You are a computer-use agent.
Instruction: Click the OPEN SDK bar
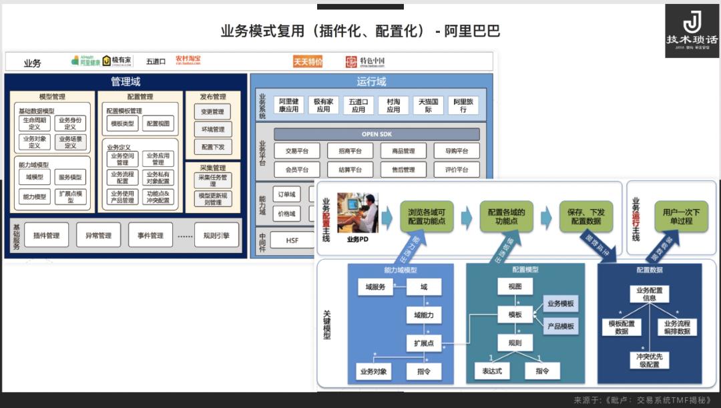pyautogui.click(x=377, y=134)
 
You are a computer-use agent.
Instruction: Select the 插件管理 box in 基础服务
pyautogui.click(x=46, y=235)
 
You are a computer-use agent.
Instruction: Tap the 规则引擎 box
pyautogui.click(x=216, y=235)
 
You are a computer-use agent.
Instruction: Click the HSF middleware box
pyautogui.click(x=292, y=240)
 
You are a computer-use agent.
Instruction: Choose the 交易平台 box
pyautogui.click(x=296, y=152)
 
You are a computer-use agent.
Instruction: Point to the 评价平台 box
pyautogui.click(x=457, y=170)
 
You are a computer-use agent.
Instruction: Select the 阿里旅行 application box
pyautogui.click(x=463, y=105)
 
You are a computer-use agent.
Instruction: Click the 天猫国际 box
pyautogui.click(x=429, y=105)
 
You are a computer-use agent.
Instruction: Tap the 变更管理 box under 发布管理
pyautogui.click(x=213, y=112)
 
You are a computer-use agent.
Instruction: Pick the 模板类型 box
pyautogui.click(x=122, y=124)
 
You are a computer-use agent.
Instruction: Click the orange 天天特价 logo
pyautogui.click(x=308, y=61)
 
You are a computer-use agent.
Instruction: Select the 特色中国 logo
pyautogui.click(x=365, y=61)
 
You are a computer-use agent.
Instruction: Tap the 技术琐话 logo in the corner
pyautogui.click(x=692, y=30)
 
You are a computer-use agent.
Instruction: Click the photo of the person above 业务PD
pyautogui.click(x=357, y=212)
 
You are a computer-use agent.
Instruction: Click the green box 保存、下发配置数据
pyautogui.click(x=585, y=216)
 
